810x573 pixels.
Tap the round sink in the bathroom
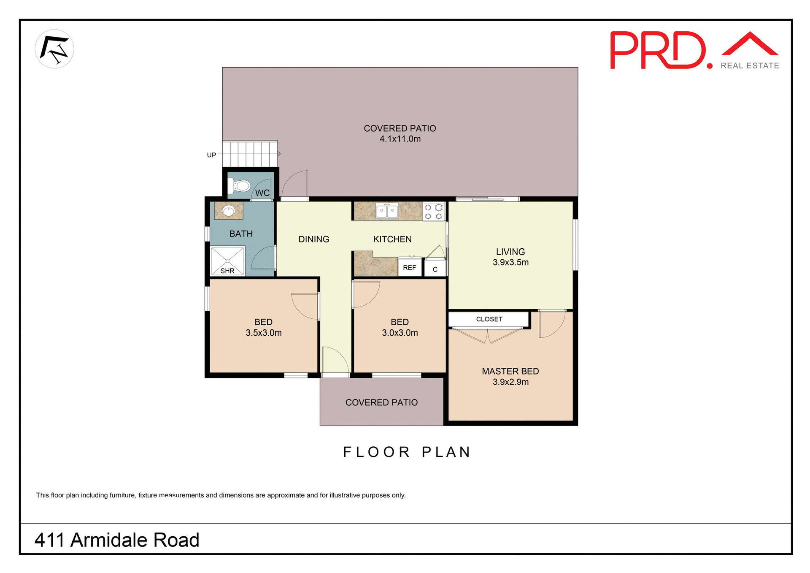229,210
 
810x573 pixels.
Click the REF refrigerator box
409,268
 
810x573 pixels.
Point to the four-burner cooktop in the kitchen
433,212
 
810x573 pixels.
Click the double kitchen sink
387,211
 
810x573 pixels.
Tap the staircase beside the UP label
250,154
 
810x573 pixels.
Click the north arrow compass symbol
54,49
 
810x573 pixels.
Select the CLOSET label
489,319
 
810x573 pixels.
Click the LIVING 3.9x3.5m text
510,257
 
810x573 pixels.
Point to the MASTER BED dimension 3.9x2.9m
510,382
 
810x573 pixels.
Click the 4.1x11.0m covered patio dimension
400,139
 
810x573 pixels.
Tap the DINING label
313,239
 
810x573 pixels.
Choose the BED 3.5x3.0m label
264,327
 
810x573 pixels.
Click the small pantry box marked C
435,269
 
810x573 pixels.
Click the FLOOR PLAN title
407,452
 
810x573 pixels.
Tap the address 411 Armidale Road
117,540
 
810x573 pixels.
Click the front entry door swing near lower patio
335,361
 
